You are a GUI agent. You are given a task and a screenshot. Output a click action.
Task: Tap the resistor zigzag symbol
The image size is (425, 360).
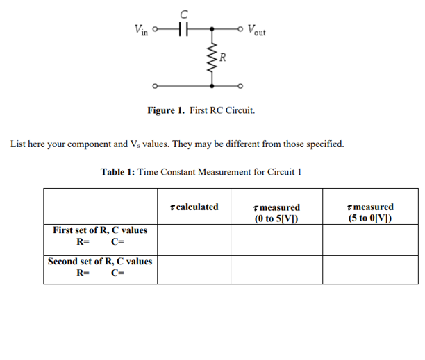click(x=212, y=58)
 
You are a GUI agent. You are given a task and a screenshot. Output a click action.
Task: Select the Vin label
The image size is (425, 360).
click(x=141, y=31)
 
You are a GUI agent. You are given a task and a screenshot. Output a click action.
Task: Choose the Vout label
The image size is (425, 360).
click(x=255, y=31)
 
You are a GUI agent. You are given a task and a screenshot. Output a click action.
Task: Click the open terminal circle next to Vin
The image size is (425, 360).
click(x=156, y=30)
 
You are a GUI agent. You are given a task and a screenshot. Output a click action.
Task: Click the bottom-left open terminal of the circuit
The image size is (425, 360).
click(x=156, y=86)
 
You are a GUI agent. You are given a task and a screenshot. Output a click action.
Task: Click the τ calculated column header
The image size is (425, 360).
click(x=194, y=207)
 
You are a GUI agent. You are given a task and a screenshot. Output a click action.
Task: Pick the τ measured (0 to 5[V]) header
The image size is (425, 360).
click(x=276, y=212)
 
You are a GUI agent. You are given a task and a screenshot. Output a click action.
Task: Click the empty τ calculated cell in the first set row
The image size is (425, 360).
click(x=194, y=239)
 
